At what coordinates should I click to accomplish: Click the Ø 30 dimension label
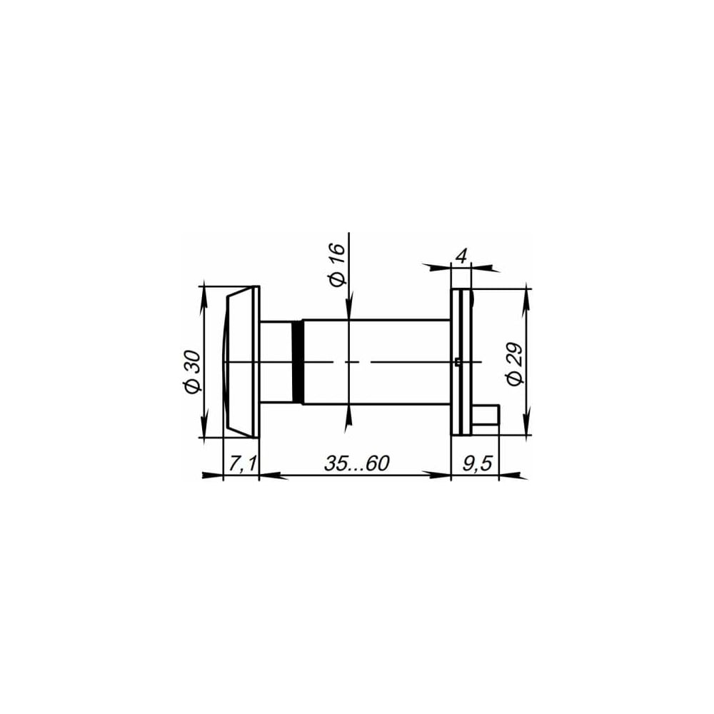point(193,371)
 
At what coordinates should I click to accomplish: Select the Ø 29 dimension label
point(515,364)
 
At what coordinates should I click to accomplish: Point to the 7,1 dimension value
point(242,463)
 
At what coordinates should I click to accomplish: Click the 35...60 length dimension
point(356,463)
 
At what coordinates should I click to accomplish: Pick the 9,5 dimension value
point(478,463)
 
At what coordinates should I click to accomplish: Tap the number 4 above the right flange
point(461,257)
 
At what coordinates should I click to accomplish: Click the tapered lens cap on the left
point(239,362)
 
